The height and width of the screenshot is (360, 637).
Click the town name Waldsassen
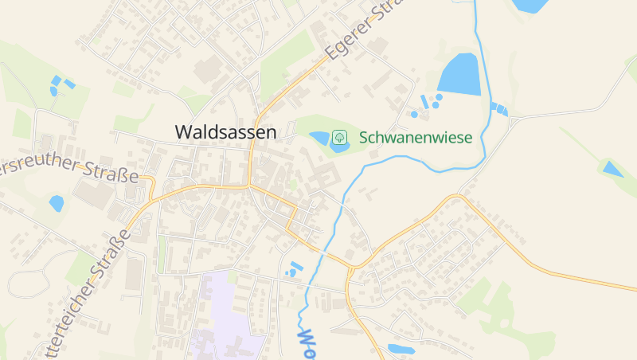(225, 132)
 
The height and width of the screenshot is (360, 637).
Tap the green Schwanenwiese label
(416, 137)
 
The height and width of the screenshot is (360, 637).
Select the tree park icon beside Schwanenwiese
(339, 137)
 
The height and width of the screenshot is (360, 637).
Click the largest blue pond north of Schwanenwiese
(460, 74)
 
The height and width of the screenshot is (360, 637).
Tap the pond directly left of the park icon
(320, 139)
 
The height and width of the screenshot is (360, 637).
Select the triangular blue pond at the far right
(612, 168)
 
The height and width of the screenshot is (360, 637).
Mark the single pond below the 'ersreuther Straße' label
(56, 203)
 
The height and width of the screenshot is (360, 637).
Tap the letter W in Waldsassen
(183, 132)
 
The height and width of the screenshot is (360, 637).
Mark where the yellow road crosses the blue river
(329, 256)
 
